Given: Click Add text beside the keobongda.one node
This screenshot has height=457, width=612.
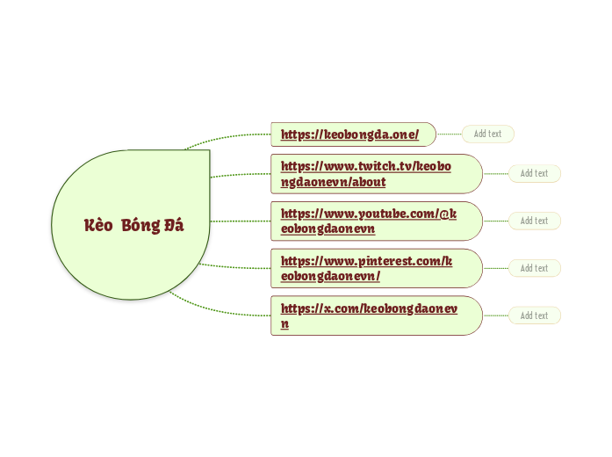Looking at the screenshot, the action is (x=487, y=134).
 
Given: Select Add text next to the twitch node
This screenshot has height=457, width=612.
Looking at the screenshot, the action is (x=534, y=173).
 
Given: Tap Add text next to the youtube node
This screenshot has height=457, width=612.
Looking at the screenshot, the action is (x=534, y=221).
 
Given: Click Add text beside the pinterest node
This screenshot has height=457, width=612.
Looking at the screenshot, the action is (x=534, y=268).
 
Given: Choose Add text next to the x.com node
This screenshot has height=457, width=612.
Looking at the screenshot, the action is (x=534, y=316).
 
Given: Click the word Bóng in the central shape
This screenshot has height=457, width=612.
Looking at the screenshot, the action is (x=140, y=225).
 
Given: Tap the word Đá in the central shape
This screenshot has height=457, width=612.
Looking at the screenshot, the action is (x=174, y=225).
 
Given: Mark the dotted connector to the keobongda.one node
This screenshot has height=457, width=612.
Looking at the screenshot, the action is (x=228, y=137).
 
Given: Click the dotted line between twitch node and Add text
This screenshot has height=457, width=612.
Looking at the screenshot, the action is (x=495, y=174).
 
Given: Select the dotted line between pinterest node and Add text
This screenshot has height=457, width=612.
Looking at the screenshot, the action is (x=495, y=268).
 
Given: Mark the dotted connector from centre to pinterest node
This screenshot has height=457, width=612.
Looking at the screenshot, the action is (x=235, y=267).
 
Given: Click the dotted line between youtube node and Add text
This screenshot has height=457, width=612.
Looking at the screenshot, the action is (x=495, y=221).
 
